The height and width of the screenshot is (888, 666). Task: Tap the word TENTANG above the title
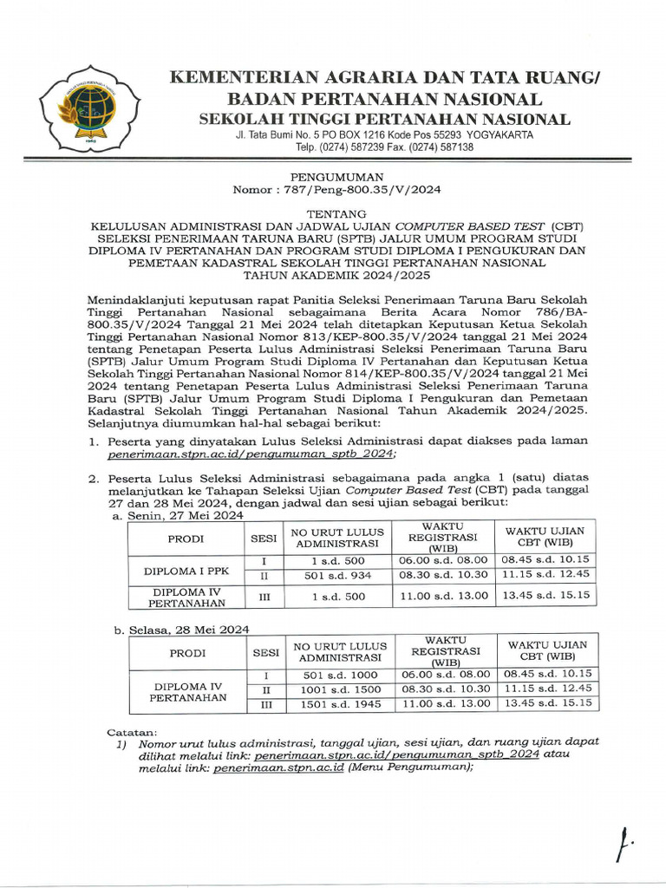pyautogui.click(x=333, y=212)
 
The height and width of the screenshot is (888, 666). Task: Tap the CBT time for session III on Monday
pyautogui.click(x=545, y=595)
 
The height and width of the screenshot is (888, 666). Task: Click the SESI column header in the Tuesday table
pyautogui.click(x=266, y=652)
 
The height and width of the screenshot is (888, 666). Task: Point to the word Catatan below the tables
pyautogui.click(x=132, y=732)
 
